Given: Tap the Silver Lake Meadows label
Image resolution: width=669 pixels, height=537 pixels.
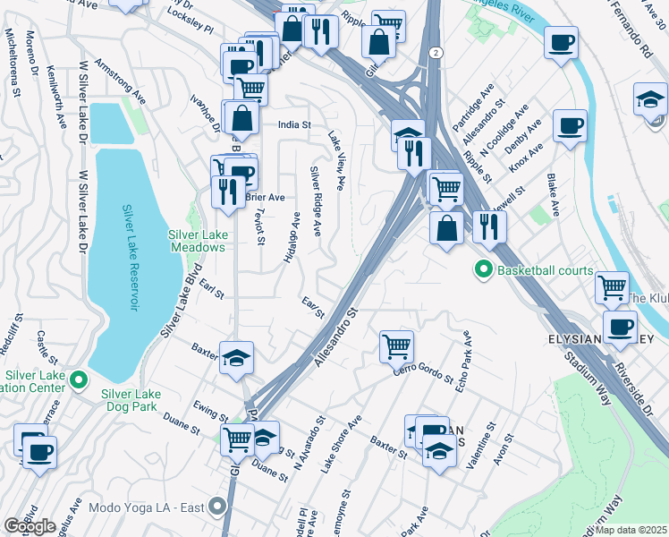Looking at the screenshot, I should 197,241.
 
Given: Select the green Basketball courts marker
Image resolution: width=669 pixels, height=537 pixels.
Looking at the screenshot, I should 484,268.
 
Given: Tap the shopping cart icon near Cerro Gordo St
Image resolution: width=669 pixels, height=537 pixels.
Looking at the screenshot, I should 396,345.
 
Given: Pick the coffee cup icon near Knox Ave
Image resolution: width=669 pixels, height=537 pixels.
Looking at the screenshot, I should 570,125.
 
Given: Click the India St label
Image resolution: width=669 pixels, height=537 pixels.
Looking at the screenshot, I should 293,125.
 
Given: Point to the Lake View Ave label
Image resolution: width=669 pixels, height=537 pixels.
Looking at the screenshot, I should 336,161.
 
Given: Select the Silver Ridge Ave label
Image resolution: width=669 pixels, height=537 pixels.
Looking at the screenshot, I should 315,200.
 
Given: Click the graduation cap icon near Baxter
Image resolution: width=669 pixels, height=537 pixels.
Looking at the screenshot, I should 236,358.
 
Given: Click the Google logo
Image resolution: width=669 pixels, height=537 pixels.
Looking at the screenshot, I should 29,526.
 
